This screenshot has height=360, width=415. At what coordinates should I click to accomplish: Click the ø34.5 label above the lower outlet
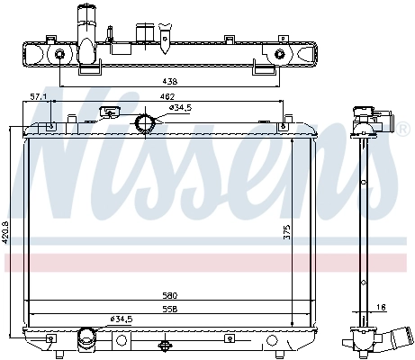pos(122,319)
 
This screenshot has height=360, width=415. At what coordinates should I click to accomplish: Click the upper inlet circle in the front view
pos(144,123)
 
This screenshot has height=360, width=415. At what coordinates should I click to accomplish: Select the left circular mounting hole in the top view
pos(59,56)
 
